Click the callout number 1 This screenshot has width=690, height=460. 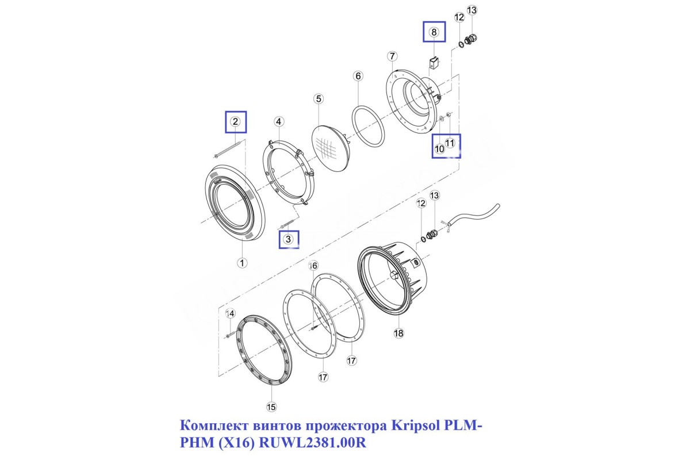(242, 263)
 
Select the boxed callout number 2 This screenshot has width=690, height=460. (235, 122)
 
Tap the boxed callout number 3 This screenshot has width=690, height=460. (288, 239)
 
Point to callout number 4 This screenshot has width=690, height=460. (279, 122)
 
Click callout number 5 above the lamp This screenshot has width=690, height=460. (319, 99)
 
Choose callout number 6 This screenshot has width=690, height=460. (358, 76)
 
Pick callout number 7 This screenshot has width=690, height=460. (392, 56)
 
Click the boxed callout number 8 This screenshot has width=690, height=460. (434, 32)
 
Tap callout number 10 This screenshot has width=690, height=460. (439, 149)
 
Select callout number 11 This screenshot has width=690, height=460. (450, 143)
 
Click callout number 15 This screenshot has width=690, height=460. (271, 407)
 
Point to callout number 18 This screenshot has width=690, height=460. (398, 333)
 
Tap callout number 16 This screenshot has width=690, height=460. (313, 266)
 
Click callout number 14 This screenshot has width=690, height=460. (231, 313)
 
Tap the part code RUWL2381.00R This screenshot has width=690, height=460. (313, 443)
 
